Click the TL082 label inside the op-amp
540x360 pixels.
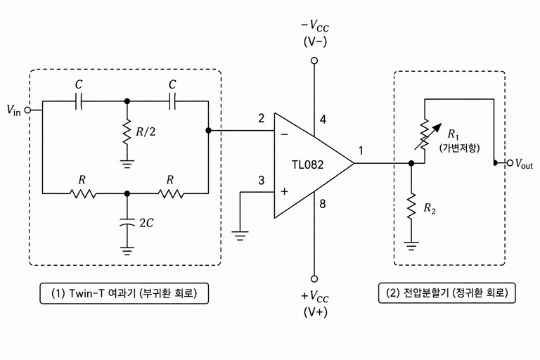pyautogui.click(x=308, y=165)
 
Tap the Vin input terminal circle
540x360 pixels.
pyautogui.click(x=28, y=110)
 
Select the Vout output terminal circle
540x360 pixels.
pyautogui.click(x=510, y=163)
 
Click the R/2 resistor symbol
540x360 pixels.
pyautogui.click(x=127, y=131)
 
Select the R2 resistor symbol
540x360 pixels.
pyautogui.click(x=411, y=206)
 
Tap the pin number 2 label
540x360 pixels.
pyautogui.click(x=262, y=119)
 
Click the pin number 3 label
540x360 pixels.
pyautogui.click(x=262, y=180)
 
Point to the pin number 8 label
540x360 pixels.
pyautogui.click(x=322, y=204)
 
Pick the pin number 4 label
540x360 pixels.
pyautogui.click(x=323, y=120)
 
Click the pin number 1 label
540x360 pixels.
pyautogui.click(x=361, y=150)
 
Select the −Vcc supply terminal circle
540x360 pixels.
pyautogui.click(x=314, y=61)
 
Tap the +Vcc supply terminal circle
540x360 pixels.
pyautogui.click(x=314, y=278)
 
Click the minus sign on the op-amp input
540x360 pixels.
pyautogui.click(x=285, y=134)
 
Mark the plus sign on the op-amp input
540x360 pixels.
pyautogui.click(x=285, y=191)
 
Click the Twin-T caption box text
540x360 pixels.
pyautogui.click(x=124, y=293)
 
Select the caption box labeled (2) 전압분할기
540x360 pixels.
pyautogui.click(x=447, y=292)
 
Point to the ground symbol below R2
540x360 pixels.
pyautogui.click(x=411, y=246)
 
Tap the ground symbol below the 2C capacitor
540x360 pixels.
pyautogui.click(x=127, y=251)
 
